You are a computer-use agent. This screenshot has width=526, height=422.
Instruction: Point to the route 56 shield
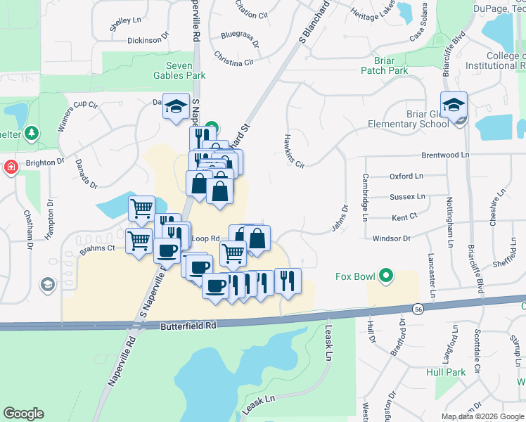click(418, 309)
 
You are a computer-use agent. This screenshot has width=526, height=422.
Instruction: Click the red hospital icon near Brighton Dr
click(10, 167)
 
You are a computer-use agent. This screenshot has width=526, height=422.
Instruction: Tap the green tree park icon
click(31, 132)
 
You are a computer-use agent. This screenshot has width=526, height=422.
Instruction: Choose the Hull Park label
click(445, 372)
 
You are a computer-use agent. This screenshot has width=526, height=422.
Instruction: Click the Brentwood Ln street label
click(444, 155)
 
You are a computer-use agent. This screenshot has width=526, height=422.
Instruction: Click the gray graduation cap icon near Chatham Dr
click(47, 285)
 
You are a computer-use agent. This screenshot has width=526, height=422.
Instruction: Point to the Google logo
click(23, 414)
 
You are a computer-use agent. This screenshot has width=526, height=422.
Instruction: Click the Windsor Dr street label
click(391, 238)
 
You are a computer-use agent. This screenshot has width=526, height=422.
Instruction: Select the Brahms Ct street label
click(97, 248)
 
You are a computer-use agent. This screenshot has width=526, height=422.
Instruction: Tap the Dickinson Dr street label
click(148, 40)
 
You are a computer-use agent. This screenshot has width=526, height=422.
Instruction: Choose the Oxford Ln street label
click(406, 176)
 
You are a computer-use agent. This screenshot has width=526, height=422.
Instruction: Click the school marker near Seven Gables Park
click(176, 107)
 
